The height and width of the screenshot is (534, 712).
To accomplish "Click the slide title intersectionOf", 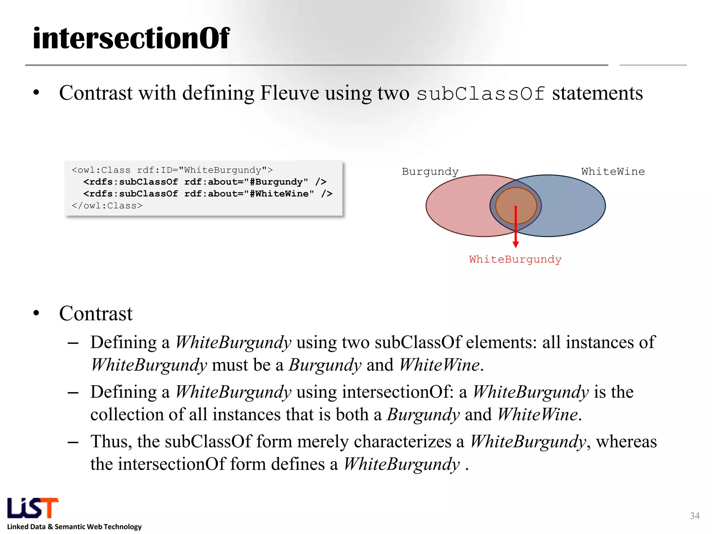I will point(131,38).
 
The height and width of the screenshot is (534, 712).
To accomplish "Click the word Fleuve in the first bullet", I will point(289,93).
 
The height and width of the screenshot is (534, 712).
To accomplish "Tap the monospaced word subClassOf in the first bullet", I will point(480,94).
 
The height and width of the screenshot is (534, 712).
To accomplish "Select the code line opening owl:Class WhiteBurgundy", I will point(172,170).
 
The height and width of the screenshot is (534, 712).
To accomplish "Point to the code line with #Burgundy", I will point(204,182).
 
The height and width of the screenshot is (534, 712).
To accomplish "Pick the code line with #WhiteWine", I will point(208,194).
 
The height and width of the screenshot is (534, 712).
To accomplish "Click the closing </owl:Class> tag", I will point(107,206).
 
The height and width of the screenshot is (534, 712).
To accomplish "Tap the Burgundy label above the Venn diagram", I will point(430,171).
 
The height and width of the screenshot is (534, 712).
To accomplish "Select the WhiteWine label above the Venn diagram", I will point(613,171).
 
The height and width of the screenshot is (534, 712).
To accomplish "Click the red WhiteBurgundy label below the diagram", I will point(515,259).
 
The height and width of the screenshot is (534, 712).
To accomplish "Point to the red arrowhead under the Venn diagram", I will point(516,244).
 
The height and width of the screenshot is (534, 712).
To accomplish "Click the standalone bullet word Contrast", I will point(96,314).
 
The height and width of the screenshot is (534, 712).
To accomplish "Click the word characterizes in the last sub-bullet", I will point(402,442).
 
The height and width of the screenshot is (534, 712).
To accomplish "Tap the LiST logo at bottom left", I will point(33,508).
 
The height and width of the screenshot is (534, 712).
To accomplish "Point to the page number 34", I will point(695,516).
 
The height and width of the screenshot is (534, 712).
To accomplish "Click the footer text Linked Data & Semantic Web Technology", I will point(74,527).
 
